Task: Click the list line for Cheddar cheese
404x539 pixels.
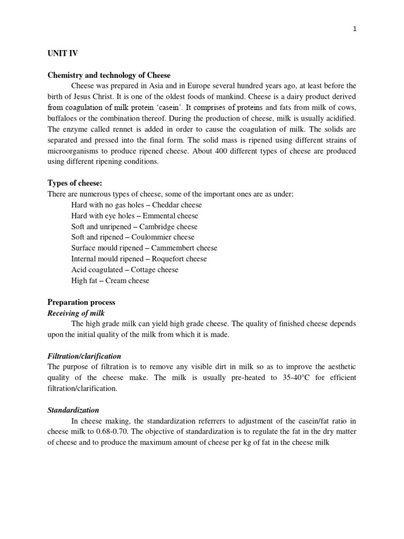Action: pos(136,205)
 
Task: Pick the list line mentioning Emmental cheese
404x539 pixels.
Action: pos(135,216)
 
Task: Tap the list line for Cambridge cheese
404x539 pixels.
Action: pos(134,226)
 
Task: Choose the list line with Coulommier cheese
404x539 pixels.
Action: pos(133,237)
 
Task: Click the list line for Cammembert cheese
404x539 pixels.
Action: pos(144,248)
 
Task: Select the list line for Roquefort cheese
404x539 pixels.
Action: pos(139,259)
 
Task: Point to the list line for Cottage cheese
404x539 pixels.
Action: pos(125,269)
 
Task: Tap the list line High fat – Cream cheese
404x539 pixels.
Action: pos(110,281)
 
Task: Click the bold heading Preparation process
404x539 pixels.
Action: pos(81,302)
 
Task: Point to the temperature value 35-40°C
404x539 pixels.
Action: pos(294,377)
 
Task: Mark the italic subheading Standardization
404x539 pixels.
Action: pos(73,410)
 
